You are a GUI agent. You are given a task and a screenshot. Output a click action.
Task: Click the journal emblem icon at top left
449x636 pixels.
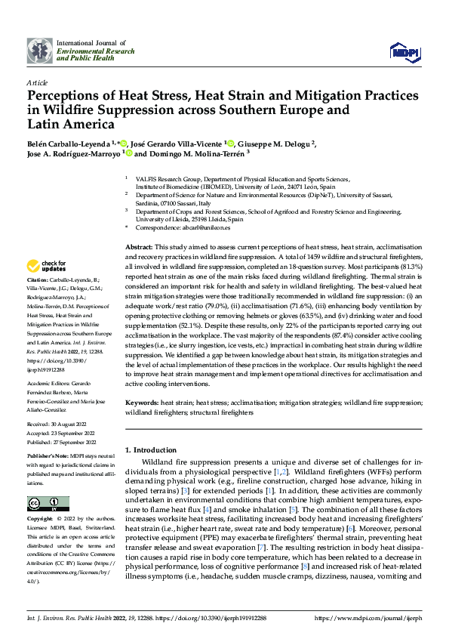point(39,51)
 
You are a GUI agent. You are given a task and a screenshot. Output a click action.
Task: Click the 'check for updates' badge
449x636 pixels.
point(48,266)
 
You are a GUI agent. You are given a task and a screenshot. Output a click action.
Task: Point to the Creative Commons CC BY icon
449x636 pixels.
point(48,503)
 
